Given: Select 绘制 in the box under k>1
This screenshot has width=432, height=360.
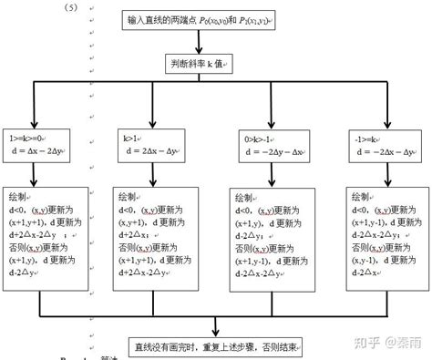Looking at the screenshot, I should coord(130,196).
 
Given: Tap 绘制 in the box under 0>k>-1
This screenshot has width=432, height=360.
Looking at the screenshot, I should coord(245,198).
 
